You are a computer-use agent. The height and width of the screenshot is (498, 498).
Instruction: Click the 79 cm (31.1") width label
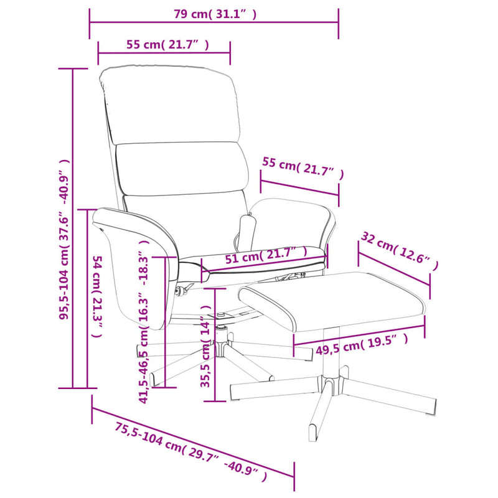pos(215,14)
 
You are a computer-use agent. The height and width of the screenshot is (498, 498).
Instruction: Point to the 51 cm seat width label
pos(266,255)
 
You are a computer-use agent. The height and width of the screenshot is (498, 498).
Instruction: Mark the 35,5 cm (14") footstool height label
pos(206,347)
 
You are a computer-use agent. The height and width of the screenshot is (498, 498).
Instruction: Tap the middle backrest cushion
pos(182,169)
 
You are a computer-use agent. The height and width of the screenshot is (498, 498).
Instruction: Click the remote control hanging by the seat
pos(248,229)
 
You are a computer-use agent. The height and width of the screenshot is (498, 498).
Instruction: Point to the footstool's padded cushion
pos(332,301)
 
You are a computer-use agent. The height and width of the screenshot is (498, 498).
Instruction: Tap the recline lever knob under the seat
pos(180,291)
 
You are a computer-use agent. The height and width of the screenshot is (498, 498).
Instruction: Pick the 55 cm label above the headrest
pos(167,45)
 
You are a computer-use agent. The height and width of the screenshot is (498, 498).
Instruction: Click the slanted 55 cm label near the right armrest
pos(303,167)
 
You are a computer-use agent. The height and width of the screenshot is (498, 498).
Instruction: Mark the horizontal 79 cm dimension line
pos(214,22)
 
